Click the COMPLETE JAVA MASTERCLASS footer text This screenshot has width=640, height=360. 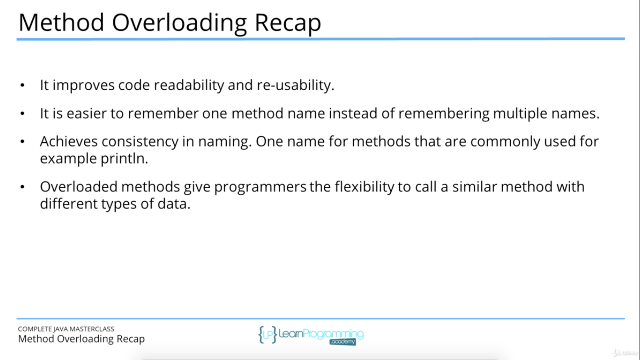[x=66, y=329]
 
